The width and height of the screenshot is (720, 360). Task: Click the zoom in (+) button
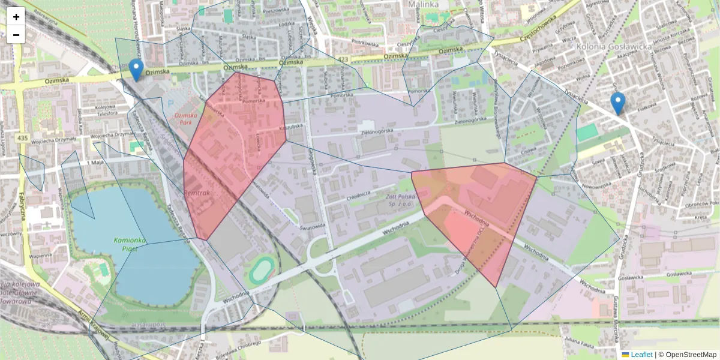[16, 17]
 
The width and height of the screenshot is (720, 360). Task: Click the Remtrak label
[197, 193]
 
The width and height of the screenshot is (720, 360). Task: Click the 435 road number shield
[23, 139]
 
